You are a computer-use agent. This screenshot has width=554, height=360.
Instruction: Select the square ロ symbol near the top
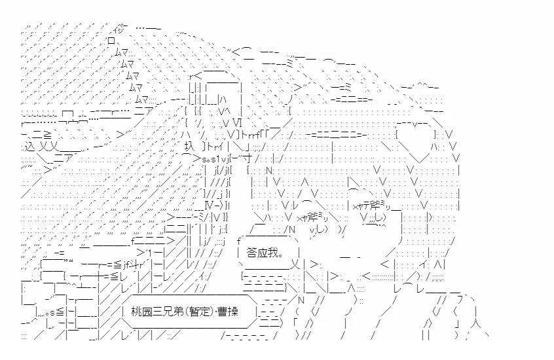click(x=111, y=39)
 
